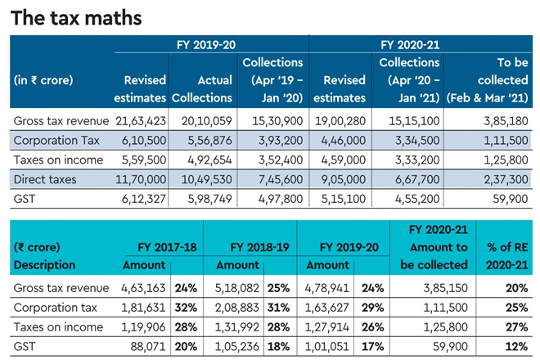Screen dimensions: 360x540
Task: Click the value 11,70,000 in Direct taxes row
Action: coord(142,178)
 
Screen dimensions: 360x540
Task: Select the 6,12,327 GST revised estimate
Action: coord(142,198)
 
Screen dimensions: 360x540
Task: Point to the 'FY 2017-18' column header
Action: coord(140,246)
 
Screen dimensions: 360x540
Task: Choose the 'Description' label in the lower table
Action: coord(44,265)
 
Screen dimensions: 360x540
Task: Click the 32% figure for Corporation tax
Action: coord(183,307)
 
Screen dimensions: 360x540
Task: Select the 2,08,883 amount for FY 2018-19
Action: coord(234,307)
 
